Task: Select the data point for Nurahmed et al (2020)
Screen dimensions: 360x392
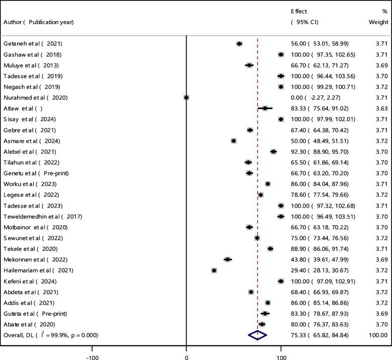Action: pos(187,98)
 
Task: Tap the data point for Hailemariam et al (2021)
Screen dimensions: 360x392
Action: pos(214,271)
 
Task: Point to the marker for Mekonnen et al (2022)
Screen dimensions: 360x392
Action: pos(228,259)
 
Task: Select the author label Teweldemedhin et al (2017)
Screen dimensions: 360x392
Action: pos(43,216)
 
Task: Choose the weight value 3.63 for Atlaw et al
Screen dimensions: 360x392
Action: pos(381,108)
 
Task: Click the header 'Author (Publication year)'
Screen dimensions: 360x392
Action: pos(39,22)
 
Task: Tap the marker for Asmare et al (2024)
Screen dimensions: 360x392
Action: pos(234,141)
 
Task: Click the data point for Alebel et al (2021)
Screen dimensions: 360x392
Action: pos(274,151)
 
